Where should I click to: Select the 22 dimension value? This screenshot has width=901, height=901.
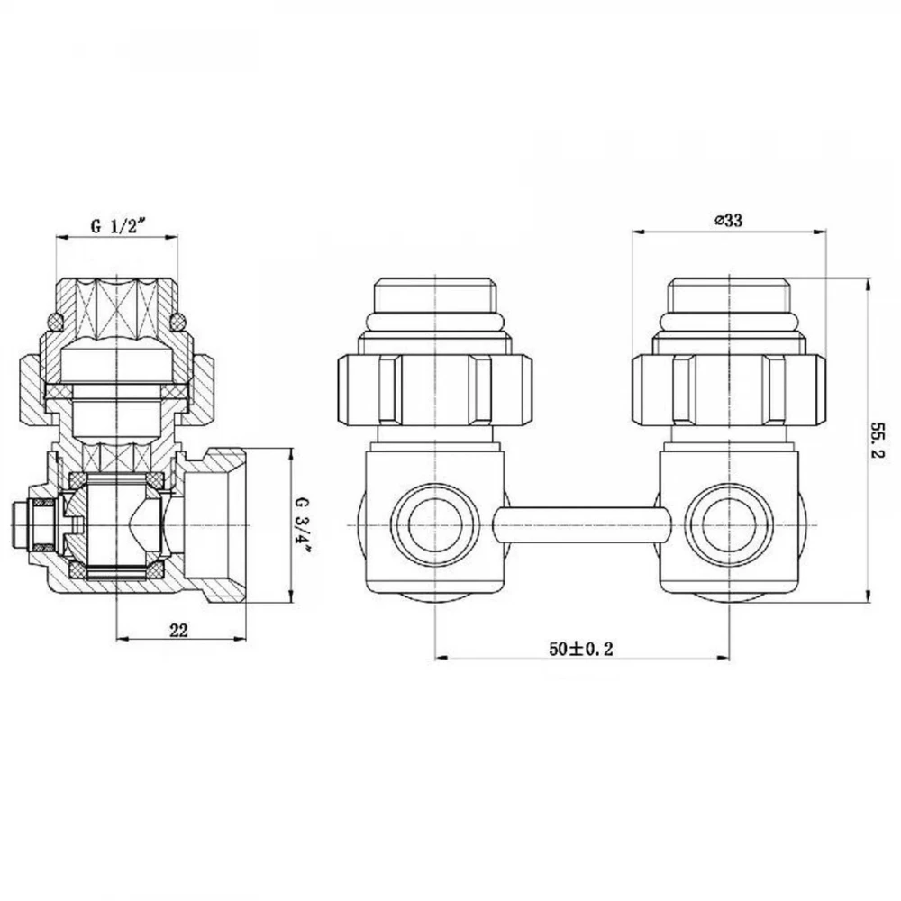click(x=178, y=630)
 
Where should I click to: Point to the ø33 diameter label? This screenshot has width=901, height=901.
click(x=728, y=220)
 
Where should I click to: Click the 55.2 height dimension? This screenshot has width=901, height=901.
click(x=878, y=441)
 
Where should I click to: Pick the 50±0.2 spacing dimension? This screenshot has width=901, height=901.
click(x=581, y=649)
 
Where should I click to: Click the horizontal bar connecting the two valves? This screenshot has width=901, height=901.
click(x=581, y=526)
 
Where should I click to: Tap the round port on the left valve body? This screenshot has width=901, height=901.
click(x=435, y=525)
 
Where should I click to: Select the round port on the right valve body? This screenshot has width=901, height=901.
click(x=729, y=525)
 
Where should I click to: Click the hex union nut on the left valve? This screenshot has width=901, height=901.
click(x=435, y=390)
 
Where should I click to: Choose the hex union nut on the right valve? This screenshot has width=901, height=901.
click(x=729, y=390)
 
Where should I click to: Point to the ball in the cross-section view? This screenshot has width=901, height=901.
click(x=116, y=525)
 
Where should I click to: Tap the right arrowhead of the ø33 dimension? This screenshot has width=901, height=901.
click(x=820, y=232)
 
